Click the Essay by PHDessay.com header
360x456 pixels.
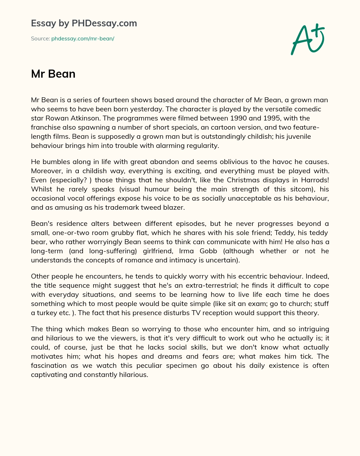[x=84, y=24]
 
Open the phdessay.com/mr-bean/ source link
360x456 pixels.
[x=83, y=39]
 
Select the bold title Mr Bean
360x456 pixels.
[x=53, y=74]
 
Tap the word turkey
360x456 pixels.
[x=49, y=313]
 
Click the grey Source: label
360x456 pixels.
[x=40, y=39]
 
